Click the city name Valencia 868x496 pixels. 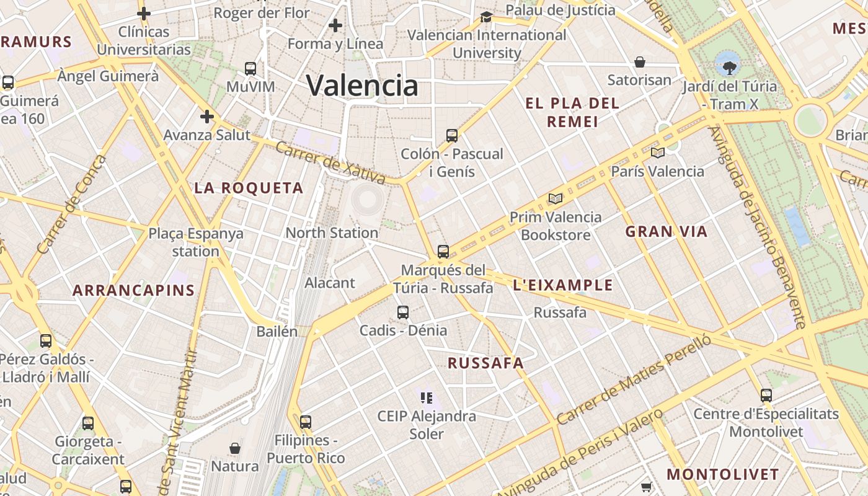pos(363,85)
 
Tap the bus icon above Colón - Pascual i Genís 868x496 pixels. pos(452,135)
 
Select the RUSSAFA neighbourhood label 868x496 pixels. pos(485,363)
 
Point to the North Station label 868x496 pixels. pos(332,233)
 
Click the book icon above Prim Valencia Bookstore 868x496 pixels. pos(556,199)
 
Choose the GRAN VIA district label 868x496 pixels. pos(666,232)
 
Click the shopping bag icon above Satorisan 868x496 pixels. pos(640,62)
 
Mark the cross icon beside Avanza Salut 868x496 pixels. pos(207,117)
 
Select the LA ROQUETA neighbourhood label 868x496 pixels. pos(249,188)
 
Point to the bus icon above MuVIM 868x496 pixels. pos(250,68)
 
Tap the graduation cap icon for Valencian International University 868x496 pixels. pos(487,17)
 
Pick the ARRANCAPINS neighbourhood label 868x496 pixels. pos(133,290)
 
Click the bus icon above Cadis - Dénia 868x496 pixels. pos(403,312)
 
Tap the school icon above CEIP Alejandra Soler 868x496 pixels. pos(427,397)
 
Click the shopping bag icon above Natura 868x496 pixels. pos(235,448)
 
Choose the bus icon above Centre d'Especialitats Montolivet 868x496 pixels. pos(766,395)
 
